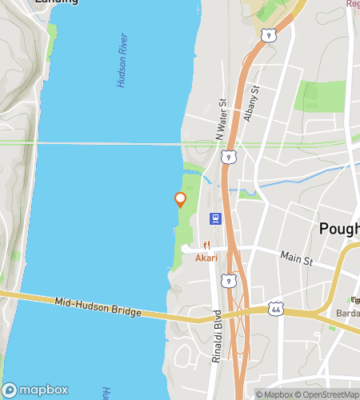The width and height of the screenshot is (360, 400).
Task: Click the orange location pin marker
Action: [x=180, y=199]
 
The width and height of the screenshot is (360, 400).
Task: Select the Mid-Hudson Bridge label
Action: [x=98, y=307]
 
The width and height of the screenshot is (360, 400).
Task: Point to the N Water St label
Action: [x=222, y=121]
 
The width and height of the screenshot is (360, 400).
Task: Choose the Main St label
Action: [x=295, y=258]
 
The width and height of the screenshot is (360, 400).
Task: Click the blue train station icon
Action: [x=215, y=218]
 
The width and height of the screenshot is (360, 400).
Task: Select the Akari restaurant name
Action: [x=206, y=258]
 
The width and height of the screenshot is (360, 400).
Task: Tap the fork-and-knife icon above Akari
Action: [x=206, y=246]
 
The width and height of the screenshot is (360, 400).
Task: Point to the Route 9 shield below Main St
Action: [x=230, y=280]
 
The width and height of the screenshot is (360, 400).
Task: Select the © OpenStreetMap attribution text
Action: [x=330, y=394]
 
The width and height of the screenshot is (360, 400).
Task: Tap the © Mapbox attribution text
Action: [x=274, y=394]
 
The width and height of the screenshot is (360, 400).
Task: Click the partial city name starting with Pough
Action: [x=339, y=229]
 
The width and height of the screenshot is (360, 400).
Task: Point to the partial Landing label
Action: [x=56, y=2]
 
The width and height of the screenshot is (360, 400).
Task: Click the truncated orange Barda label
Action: [x=346, y=313]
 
